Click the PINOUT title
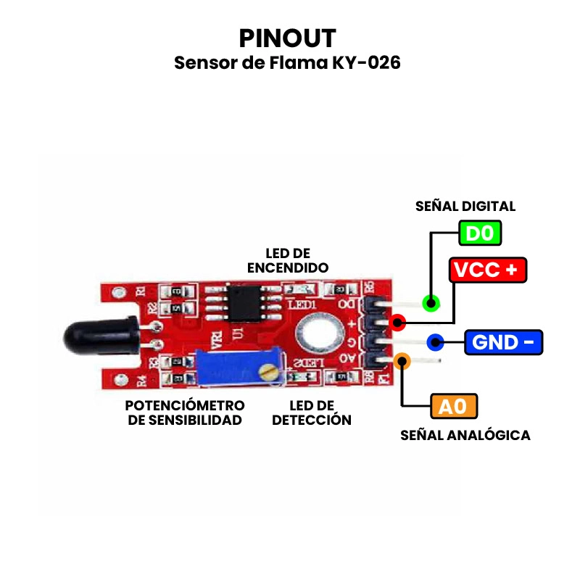(x=287, y=38)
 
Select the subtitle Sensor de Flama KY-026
(x=287, y=63)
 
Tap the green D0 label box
(x=479, y=233)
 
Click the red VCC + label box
(x=487, y=270)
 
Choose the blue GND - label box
(x=503, y=341)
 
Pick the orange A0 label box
(x=454, y=406)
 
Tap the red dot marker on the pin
(x=397, y=322)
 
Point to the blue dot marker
(x=435, y=341)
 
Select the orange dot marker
(x=402, y=361)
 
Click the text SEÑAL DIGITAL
(x=465, y=206)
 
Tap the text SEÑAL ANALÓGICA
(x=465, y=436)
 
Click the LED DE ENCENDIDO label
(x=288, y=260)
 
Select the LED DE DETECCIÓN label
(x=311, y=413)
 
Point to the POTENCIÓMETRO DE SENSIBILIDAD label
(x=185, y=413)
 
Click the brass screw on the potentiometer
(x=270, y=372)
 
